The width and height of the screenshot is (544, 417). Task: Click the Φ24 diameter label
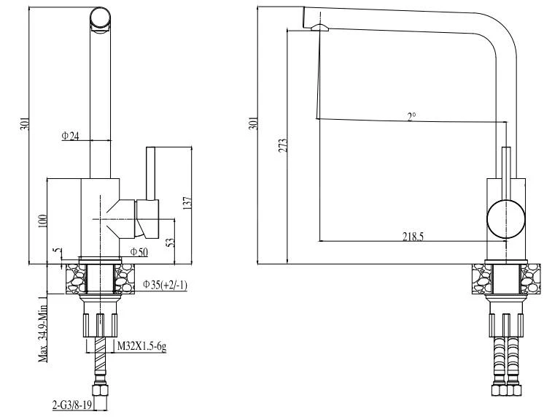tap(70, 135)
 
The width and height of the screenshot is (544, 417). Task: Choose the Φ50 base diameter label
tap(139, 252)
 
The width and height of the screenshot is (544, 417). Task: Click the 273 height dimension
tap(283, 145)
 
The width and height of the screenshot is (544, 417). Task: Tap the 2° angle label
tap(412, 115)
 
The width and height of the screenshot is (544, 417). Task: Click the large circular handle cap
tap(505, 218)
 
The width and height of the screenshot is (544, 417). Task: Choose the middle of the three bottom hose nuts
tap(505, 390)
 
